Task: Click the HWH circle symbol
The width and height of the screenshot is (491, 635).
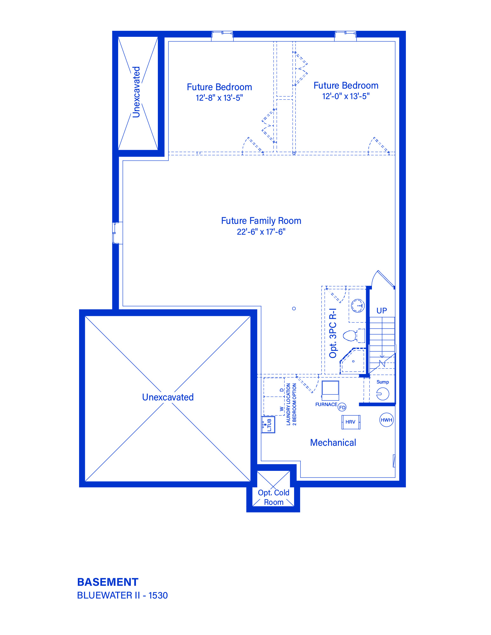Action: tap(386, 420)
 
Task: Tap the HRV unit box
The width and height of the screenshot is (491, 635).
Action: tap(351, 422)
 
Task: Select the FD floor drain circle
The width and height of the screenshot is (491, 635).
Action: tap(342, 407)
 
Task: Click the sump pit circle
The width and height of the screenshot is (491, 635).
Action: tap(383, 394)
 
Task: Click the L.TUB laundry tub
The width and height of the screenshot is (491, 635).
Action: tap(268, 424)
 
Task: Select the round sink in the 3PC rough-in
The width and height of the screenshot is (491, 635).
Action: tap(358, 306)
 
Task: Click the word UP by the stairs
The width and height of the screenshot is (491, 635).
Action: tap(382, 311)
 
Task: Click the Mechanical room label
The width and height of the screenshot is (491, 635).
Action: tap(333, 443)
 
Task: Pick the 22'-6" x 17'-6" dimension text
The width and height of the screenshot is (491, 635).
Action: tap(261, 232)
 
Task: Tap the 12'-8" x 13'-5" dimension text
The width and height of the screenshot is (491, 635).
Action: tap(219, 98)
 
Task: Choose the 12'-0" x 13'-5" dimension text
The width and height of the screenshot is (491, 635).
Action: tap(346, 96)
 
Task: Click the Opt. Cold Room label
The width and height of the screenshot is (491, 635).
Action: tap(274, 498)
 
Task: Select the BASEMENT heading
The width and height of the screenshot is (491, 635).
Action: tap(108, 582)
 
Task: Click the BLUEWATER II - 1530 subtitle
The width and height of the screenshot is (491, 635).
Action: tap(123, 595)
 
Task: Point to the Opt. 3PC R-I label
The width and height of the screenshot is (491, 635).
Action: tap(333, 333)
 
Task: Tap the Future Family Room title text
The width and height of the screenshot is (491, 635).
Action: tap(261, 221)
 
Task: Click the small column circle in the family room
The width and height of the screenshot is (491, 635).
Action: tap(294, 308)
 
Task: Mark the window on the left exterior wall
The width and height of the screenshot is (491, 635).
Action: tap(117, 233)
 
